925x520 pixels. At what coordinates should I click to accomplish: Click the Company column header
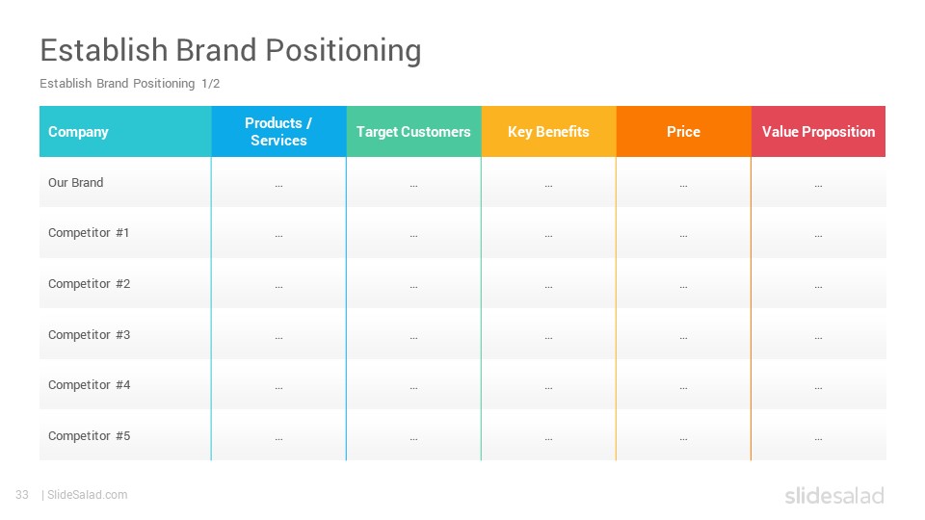79,132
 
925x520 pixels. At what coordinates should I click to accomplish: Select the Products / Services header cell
278,132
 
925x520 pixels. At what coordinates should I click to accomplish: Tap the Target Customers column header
413,132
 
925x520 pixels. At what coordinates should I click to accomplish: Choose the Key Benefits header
548,132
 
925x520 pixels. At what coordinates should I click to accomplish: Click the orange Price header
683,132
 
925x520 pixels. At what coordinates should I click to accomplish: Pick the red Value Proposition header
818,132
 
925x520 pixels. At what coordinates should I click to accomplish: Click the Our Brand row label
76,182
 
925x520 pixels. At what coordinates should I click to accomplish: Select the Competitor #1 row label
89,233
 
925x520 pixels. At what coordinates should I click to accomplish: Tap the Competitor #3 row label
89,334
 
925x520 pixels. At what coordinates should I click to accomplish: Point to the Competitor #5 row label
89,435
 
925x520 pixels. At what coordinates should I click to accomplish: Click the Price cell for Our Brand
683,183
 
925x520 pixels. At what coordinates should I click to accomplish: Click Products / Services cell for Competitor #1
278,234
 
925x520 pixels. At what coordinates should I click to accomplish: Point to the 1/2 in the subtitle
210,84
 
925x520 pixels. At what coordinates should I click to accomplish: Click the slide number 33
22,495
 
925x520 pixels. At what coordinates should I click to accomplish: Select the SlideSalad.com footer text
87,495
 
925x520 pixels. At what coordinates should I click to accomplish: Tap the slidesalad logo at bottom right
833,496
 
